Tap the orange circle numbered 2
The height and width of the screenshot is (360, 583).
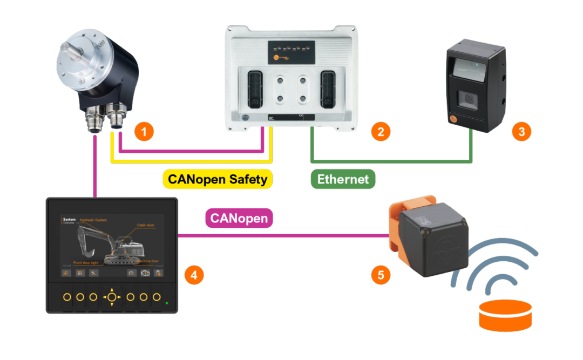(381, 131)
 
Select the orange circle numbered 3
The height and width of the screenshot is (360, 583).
(521, 131)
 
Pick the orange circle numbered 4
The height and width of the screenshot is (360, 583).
(194, 275)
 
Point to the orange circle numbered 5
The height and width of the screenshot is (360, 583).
(381, 275)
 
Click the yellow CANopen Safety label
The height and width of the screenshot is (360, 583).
(218, 179)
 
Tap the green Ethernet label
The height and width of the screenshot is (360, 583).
(343, 179)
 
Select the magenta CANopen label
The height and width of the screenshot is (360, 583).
(239, 219)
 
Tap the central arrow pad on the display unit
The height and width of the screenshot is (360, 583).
(112, 297)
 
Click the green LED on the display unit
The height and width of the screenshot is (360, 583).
(167, 303)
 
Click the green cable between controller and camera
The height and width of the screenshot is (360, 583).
(391, 161)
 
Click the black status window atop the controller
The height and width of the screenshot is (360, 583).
(291, 53)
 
